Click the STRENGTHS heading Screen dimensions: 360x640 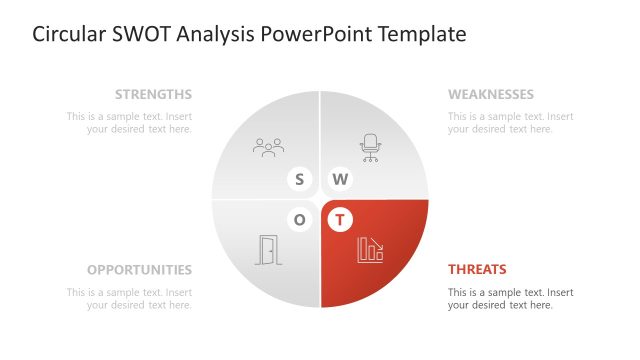153,95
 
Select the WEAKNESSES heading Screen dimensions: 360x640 490,95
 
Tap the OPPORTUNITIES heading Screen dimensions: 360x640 139,270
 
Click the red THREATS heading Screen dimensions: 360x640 477,270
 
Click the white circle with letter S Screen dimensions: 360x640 299,180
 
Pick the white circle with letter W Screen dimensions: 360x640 341,180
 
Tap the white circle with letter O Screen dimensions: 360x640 299,219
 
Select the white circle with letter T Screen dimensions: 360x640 341,219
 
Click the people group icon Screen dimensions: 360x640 268,148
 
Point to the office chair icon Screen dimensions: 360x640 371,148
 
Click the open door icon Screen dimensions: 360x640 268,250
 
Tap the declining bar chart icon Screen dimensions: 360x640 370,250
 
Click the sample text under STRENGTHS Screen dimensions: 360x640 129,122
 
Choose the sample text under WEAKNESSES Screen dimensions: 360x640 511,122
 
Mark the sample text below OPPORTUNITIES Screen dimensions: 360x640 129,298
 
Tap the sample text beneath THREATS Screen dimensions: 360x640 511,298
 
